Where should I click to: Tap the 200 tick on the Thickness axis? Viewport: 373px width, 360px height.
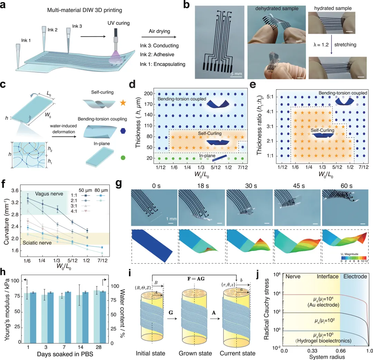click(x=147, y=94)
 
